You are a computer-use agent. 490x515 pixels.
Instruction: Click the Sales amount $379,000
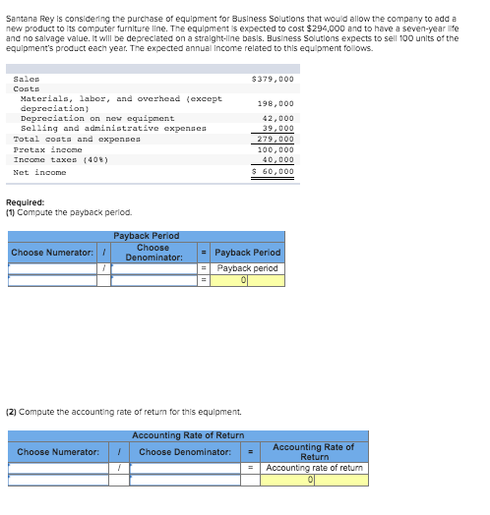(273, 79)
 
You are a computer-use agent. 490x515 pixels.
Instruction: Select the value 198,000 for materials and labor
(276, 103)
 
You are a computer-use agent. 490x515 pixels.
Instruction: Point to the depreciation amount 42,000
(277, 118)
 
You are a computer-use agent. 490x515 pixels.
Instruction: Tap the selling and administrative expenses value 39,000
(278, 128)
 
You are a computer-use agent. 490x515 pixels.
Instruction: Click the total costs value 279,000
(276, 139)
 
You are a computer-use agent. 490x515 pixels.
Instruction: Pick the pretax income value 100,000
(276, 149)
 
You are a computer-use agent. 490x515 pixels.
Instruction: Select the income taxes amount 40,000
(278, 159)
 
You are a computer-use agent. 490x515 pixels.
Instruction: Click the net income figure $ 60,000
(274, 171)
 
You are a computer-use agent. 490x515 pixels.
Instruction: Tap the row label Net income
(40, 172)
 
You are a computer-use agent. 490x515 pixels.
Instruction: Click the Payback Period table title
(147, 236)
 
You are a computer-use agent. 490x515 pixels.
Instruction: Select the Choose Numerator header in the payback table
(52, 253)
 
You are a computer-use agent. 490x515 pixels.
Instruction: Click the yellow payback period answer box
(248, 280)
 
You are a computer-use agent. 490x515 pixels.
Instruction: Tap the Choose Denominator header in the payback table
(153, 253)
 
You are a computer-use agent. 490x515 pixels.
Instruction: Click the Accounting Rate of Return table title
(188, 434)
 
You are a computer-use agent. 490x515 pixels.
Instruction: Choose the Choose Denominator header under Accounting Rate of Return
(185, 452)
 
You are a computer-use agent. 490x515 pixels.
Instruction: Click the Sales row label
(27, 79)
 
